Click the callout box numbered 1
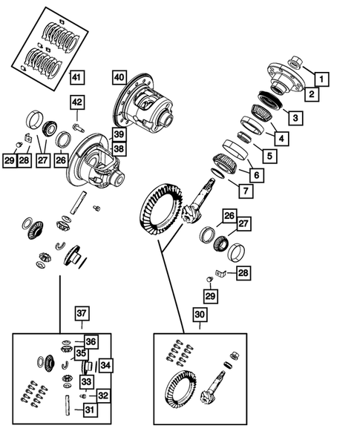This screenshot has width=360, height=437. tap(321, 77)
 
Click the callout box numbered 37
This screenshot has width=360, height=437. tap(81, 315)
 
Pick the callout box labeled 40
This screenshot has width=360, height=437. tap(120, 77)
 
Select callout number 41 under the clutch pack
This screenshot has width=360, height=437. tap(78, 77)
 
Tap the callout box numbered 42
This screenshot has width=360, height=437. tap(79, 102)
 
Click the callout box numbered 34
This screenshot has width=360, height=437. tap(105, 365)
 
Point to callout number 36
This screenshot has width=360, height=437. tap(91, 341)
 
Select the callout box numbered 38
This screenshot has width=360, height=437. tap(120, 148)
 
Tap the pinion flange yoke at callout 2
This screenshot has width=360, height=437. tap(281, 79)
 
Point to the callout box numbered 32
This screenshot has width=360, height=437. tap(104, 396)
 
